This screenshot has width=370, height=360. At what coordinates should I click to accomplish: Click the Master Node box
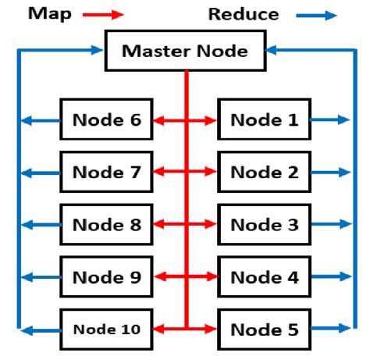pos(185,52)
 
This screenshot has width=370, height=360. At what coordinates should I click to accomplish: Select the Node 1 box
pos(264,119)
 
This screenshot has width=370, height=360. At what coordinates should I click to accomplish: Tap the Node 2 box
pos(264,172)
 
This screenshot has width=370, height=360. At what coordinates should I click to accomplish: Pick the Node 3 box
pos(264,224)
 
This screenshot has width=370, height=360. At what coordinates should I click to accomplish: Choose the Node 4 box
pos(264,276)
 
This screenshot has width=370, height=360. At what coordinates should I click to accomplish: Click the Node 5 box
pos(264,329)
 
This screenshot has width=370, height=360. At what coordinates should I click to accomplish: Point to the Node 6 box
pos(106,119)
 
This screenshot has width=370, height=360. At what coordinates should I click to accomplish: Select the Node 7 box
pos(106,172)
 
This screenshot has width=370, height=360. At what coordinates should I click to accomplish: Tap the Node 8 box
pos(106,224)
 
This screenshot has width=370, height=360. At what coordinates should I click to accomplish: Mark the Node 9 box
pos(106,276)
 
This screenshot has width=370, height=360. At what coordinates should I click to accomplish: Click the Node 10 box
pos(106,329)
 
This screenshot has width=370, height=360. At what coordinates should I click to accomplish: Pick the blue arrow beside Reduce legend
pos(316,14)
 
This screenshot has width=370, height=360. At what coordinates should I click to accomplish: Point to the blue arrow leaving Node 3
pos(329,225)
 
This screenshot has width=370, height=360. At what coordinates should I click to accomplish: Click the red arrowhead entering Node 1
pos(212,120)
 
